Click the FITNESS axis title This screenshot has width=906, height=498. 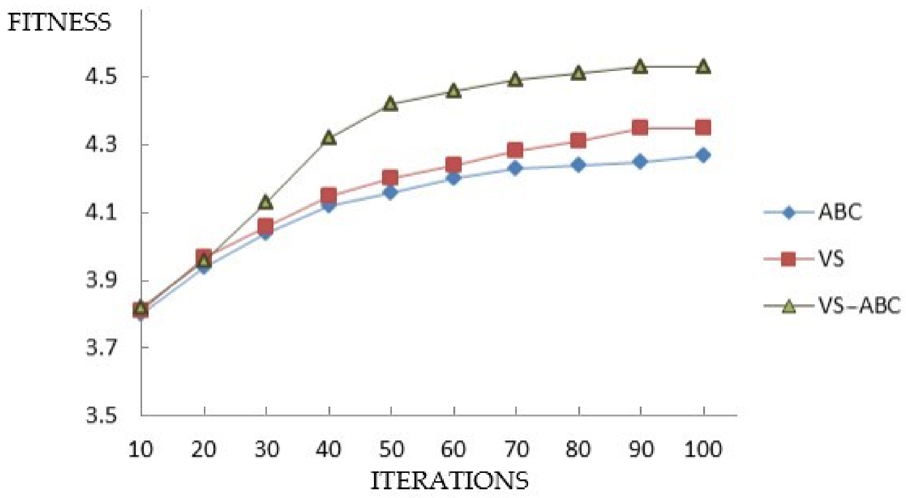click(59, 23)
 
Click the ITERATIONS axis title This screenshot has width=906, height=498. click(449, 481)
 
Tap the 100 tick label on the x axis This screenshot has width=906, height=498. click(703, 449)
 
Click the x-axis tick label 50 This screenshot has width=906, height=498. click(391, 449)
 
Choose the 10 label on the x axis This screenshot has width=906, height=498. click(141, 449)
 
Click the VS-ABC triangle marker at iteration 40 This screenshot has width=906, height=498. click(329, 138)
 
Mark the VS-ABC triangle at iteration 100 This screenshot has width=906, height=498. click(703, 67)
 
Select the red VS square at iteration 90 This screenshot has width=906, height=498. click(640, 128)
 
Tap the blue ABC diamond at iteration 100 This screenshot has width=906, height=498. click(703, 155)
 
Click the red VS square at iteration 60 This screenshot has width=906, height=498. click(453, 165)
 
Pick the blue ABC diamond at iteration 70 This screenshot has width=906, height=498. click(515, 168)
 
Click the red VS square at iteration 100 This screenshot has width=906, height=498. click(703, 128)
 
